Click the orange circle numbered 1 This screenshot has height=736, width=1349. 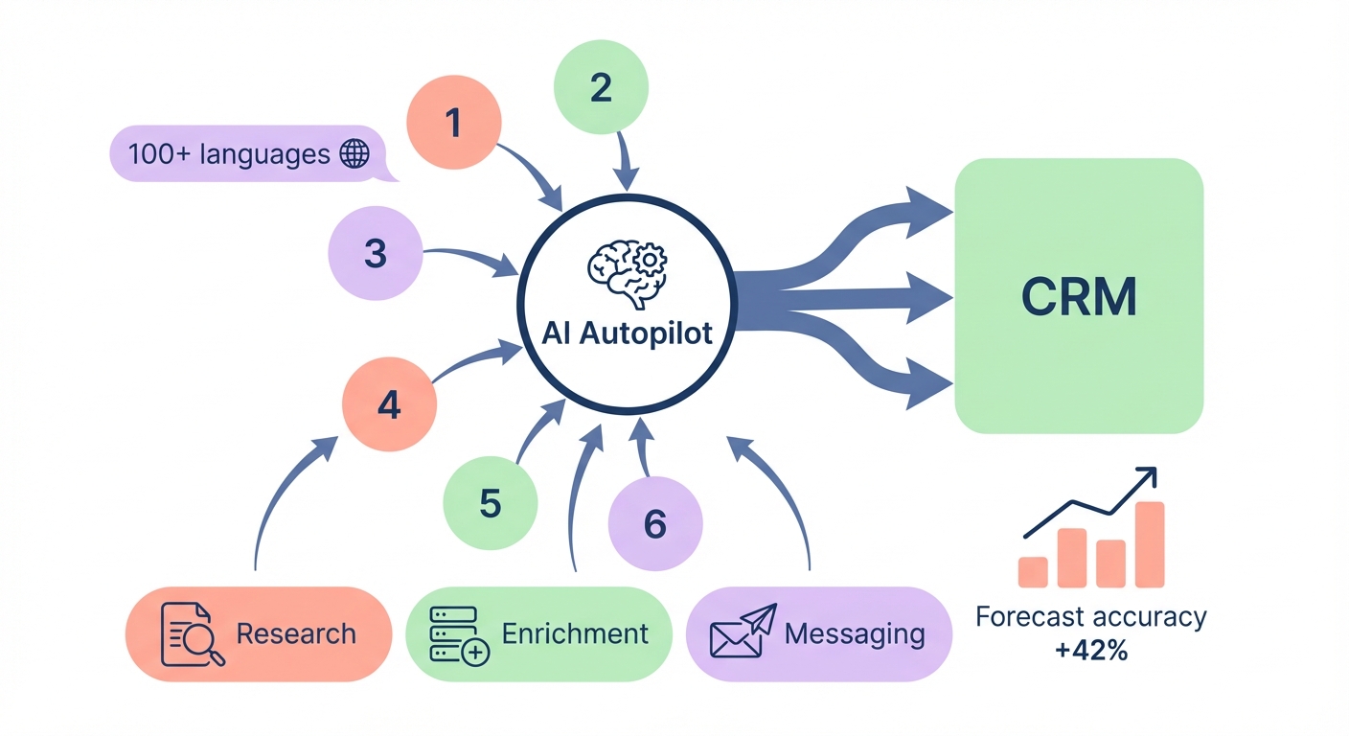point(454,123)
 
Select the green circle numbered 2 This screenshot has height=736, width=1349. point(602,88)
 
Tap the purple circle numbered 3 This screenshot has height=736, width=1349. point(376,254)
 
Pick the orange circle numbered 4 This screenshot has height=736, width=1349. point(389,405)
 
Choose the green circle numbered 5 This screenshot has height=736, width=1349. point(491,503)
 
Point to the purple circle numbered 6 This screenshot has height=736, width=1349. point(655,524)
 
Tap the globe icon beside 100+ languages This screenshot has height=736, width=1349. point(355,154)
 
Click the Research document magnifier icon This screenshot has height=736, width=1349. point(192,633)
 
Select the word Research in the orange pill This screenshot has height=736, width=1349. point(296,633)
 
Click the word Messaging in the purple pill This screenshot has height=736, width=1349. point(855,633)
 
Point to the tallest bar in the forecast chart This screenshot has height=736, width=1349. point(1150,543)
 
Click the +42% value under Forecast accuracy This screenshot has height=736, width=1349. point(1090,651)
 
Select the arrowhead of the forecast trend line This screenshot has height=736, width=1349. point(1148,476)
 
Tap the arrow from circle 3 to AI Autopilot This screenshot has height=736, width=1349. point(469,258)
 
